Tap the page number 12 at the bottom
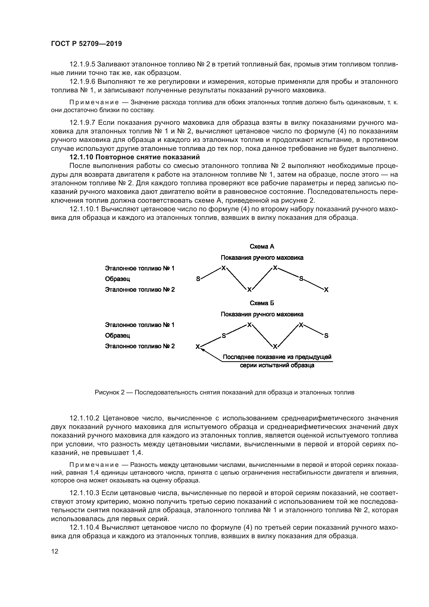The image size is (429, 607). (x=55, y=551)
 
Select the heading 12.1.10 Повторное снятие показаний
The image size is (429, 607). (x=134, y=157)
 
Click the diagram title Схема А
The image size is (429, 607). (x=262, y=247)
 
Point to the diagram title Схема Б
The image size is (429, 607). (x=262, y=303)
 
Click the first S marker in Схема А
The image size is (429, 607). (x=198, y=279)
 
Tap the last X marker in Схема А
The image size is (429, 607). (x=326, y=290)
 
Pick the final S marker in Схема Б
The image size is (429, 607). (x=326, y=336)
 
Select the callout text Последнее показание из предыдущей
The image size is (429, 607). (x=277, y=357)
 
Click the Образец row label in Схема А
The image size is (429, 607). (x=117, y=279)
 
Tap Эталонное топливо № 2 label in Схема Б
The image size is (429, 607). (x=140, y=346)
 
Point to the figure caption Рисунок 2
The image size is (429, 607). (x=224, y=393)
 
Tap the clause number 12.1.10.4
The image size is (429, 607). (x=84, y=528)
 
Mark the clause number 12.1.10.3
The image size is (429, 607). (x=84, y=493)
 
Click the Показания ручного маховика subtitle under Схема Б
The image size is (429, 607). (x=262, y=314)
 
